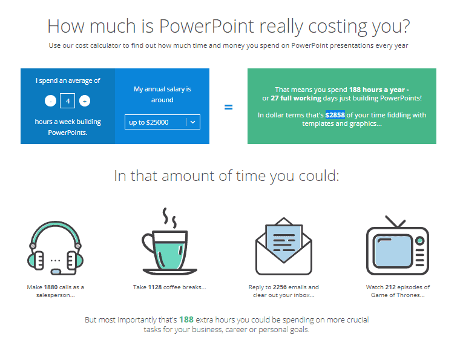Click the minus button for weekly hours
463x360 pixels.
pos(50,101)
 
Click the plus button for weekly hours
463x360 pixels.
pos(85,101)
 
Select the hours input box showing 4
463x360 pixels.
pos(68,101)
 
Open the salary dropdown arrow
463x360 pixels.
pos(193,122)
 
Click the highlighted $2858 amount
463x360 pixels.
pos(335,115)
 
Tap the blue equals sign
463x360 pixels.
pos(228,107)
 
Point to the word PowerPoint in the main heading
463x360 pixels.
pos(206,26)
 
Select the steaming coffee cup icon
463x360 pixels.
pos(169,241)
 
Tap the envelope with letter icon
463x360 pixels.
pos(284,246)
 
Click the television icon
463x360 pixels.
pos(398,246)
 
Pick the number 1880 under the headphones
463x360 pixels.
pos(51,287)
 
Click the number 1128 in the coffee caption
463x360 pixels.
pos(155,287)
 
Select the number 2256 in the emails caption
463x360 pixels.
pos(280,287)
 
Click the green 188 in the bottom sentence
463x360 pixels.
pos(186,319)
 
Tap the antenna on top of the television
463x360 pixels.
pos(396,222)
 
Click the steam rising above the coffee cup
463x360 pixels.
pos(170,218)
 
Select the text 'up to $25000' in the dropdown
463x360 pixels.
pos(149,122)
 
